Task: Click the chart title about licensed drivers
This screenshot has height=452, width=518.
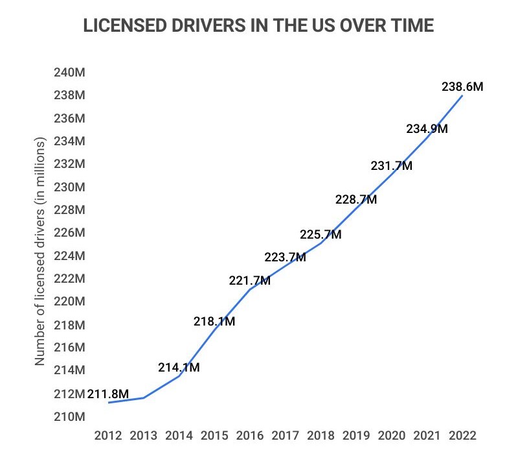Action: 259,27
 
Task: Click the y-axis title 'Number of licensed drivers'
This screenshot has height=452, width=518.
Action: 40,252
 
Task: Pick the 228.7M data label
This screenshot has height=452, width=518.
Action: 356,200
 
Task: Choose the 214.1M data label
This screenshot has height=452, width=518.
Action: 179,368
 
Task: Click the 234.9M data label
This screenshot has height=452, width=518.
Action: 427,129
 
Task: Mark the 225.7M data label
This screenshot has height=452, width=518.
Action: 321,235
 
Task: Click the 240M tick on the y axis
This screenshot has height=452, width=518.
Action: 71,73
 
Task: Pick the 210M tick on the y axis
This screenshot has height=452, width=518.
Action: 71,416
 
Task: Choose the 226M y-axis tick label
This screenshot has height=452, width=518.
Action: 71,233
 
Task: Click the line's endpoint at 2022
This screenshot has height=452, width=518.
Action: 462,96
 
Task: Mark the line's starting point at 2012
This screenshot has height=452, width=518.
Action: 108,403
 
